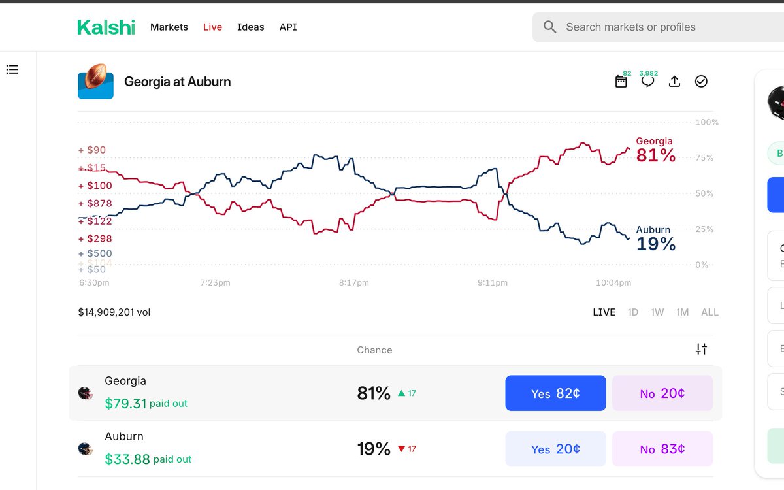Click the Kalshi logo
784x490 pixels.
pyautogui.click(x=106, y=27)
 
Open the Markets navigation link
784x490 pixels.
pyautogui.click(x=169, y=27)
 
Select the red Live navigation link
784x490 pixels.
pyautogui.click(x=212, y=27)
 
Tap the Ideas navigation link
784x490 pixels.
pyautogui.click(x=251, y=27)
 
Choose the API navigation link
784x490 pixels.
pyautogui.click(x=288, y=27)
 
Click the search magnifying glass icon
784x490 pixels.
pyautogui.click(x=550, y=27)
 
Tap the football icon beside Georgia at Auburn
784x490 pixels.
pyautogui.click(x=95, y=82)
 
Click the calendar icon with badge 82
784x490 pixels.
pyautogui.click(x=621, y=82)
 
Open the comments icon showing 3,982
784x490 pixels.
pyautogui.click(x=647, y=82)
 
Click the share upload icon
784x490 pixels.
pyautogui.click(x=674, y=82)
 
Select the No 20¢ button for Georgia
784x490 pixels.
pyautogui.click(x=662, y=393)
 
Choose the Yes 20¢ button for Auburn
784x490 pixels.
pyautogui.click(x=555, y=449)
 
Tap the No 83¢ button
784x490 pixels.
pyautogui.click(x=662, y=449)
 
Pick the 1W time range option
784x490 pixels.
pyautogui.click(x=657, y=312)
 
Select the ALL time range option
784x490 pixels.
pyautogui.click(x=710, y=312)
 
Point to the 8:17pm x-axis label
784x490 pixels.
pyautogui.click(x=353, y=283)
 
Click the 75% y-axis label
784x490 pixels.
pyautogui.click(x=705, y=158)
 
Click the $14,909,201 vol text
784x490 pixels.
pyautogui.click(x=114, y=312)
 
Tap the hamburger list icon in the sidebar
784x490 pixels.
pyautogui.click(x=12, y=69)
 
